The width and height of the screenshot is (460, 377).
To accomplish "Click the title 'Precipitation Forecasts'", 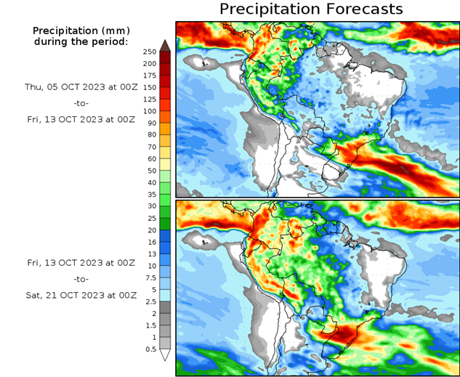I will click(310, 9).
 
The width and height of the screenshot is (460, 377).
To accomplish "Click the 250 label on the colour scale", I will click(150, 52).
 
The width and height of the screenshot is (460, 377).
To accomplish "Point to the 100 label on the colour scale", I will click(150, 111).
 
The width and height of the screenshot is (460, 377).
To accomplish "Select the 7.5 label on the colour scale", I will click(150, 277).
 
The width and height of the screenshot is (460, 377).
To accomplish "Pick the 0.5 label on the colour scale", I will click(150, 349).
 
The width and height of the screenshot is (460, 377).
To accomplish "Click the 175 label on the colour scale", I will click(150, 76).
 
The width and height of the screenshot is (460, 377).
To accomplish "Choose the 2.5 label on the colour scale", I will click(150, 301).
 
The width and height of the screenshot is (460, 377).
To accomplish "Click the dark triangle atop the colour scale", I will click(166, 45).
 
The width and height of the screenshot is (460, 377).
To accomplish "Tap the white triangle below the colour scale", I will click(166, 355).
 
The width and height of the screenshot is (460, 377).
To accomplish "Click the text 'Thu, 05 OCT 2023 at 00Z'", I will click(81, 86).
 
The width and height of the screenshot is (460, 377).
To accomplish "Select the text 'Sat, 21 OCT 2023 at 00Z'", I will click(81, 296).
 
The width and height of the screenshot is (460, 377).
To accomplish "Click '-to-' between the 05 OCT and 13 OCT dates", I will click(81, 103).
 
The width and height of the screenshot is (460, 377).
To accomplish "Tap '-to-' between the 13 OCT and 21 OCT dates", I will click(81, 278).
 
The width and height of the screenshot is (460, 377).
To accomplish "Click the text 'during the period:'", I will click(81, 41).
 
